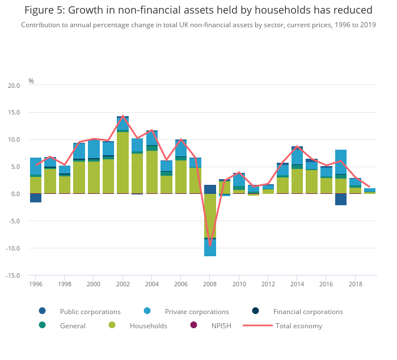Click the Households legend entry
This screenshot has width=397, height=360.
(x=148, y=325)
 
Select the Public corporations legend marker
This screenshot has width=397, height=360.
(x=42, y=311)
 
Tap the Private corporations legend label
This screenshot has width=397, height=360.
(x=196, y=311)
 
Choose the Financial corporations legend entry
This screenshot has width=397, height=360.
(x=307, y=311)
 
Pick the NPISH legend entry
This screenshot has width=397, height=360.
(x=221, y=325)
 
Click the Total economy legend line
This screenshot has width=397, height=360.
(x=258, y=325)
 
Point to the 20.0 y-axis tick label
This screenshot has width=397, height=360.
(x=13, y=86)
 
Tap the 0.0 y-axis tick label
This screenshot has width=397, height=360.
(x=14, y=194)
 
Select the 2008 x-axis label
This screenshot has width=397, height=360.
(x=210, y=284)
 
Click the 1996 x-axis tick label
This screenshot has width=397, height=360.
(x=36, y=284)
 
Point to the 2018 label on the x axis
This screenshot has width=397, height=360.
(x=355, y=284)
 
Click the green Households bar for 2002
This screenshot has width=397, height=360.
(x=123, y=163)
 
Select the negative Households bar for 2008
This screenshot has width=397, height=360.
(x=210, y=215)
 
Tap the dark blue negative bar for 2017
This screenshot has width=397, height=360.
(x=341, y=199)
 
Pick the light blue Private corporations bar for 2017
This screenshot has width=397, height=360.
(x=341, y=162)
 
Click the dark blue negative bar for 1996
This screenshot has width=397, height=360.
(x=36, y=198)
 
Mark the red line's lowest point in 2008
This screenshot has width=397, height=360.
(x=210, y=245)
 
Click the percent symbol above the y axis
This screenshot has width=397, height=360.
(x=31, y=81)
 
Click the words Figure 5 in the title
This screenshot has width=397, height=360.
(x=43, y=10)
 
